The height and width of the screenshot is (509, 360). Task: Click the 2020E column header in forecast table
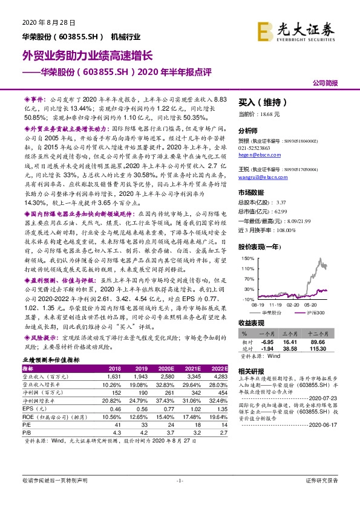(x=165, y=368)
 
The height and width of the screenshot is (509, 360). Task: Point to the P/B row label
(x=28, y=433)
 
